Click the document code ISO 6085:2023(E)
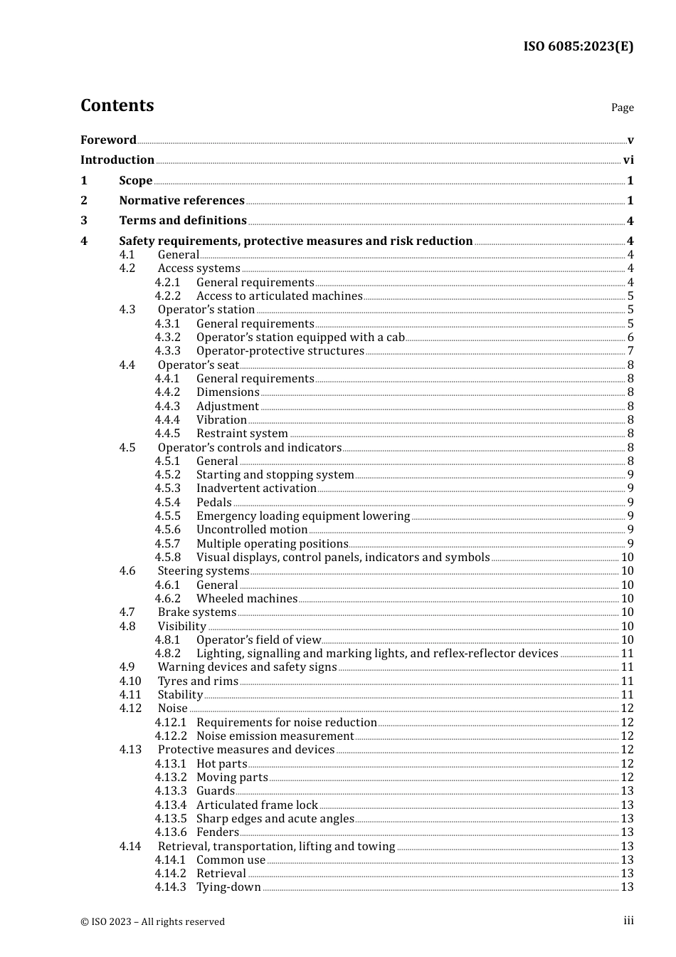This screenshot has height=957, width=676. (x=578, y=46)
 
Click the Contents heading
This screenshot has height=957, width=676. (x=117, y=105)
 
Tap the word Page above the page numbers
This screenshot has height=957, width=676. (x=622, y=108)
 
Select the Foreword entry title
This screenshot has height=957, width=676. (x=108, y=140)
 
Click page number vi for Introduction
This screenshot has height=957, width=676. (x=628, y=160)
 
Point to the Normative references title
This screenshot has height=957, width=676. (x=181, y=201)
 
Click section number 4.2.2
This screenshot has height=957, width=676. (x=168, y=296)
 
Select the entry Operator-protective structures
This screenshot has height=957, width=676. (x=280, y=351)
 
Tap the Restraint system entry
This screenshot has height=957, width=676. (x=242, y=434)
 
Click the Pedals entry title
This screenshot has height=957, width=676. (x=213, y=503)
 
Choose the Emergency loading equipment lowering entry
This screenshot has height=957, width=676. (x=303, y=516)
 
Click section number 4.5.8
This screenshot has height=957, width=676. (x=168, y=558)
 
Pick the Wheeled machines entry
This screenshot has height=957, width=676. (x=247, y=599)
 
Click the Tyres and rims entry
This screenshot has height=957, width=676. (x=198, y=681)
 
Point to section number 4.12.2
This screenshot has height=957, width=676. (x=171, y=736)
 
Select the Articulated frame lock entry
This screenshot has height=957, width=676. (x=257, y=805)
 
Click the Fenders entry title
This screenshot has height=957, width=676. (x=217, y=832)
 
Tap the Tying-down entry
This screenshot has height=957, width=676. (x=228, y=887)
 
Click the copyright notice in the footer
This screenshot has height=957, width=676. (x=152, y=921)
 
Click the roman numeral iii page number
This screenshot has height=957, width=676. (x=628, y=921)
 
